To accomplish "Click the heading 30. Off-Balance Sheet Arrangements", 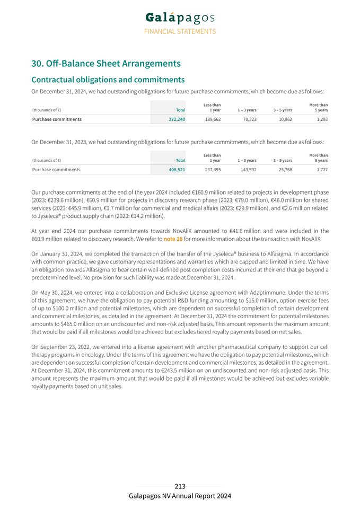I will click(106, 64).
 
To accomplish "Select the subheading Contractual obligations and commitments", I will click(108, 80).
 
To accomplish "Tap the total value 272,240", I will click(176, 119).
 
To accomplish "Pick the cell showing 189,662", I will click(213, 119).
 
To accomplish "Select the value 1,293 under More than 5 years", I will click(320, 119).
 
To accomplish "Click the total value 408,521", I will click(176, 170).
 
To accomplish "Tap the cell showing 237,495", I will click(213, 170).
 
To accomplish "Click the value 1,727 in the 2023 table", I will click(320, 170).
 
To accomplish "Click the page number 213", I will click(180, 486).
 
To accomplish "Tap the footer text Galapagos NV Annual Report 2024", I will click(180, 496).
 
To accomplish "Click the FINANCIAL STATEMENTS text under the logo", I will click(180, 31).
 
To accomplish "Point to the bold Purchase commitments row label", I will click(57, 119).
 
